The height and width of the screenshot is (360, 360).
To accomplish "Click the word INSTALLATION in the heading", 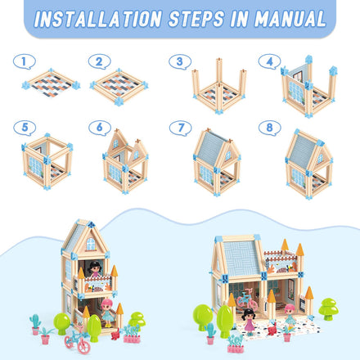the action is coord(98,19).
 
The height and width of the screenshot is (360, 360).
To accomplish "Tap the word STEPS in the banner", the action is coord(196,19).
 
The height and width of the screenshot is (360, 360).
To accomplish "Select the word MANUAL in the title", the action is coord(290,19).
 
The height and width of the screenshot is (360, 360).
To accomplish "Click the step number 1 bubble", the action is coord(25,61).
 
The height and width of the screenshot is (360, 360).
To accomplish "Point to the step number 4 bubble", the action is coord(269,61).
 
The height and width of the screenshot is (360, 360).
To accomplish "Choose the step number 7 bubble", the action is coord(181,128).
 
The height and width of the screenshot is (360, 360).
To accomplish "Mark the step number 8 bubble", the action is coord(270,128).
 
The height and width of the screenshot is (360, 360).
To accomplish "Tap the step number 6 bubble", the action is coord(100,128).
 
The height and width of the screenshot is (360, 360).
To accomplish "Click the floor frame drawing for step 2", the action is coord(119,86).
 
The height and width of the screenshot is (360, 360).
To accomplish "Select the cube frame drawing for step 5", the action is coord(47,161).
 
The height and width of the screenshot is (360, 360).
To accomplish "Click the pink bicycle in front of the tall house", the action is coord(77,340).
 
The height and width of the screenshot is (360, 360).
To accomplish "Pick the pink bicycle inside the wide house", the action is coord(247,299).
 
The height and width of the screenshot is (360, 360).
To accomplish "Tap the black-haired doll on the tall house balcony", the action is coord(95,268).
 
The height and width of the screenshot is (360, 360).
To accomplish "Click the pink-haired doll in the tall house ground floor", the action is coord(108,313).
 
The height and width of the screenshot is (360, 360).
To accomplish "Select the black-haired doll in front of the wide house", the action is coord(249,322).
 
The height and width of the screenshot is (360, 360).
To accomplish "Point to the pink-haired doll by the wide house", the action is coord(290,316).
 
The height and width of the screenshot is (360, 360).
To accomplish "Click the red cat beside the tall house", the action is coord(115,335).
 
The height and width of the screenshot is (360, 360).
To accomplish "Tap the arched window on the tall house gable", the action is coord(91,244).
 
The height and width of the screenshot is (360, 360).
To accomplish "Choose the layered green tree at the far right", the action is coord(328,309).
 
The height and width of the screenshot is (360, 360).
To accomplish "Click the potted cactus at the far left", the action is coord(35,325).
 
